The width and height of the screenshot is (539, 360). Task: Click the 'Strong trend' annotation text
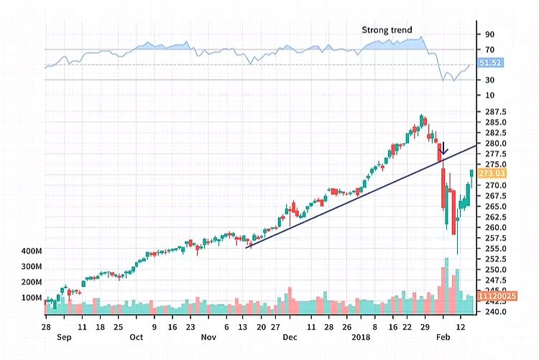click(387, 30)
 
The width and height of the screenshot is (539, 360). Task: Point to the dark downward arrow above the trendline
click(444, 149)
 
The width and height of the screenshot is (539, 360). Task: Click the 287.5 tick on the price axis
click(496, 112)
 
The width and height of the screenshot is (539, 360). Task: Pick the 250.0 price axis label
click(496, 269)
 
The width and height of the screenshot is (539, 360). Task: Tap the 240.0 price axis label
click(496, 312)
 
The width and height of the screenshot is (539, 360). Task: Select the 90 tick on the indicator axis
click(489, 34)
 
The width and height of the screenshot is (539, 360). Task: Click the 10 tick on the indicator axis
click(489, 95)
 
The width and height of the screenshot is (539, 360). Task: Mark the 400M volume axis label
click(32, 251)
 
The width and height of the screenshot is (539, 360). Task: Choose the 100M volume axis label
click(32, 297)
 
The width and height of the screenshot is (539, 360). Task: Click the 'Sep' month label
click(63, 336)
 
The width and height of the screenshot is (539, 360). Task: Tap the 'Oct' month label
click(137, 336)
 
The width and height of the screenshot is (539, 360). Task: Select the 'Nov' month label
click(208, 336)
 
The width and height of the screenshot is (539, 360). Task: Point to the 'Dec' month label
click(290, 336)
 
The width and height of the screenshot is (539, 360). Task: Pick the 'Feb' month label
click(443, 336)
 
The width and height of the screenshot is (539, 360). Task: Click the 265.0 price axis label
click(496, 207)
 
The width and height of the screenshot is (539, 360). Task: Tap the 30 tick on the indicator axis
click(489, 80)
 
